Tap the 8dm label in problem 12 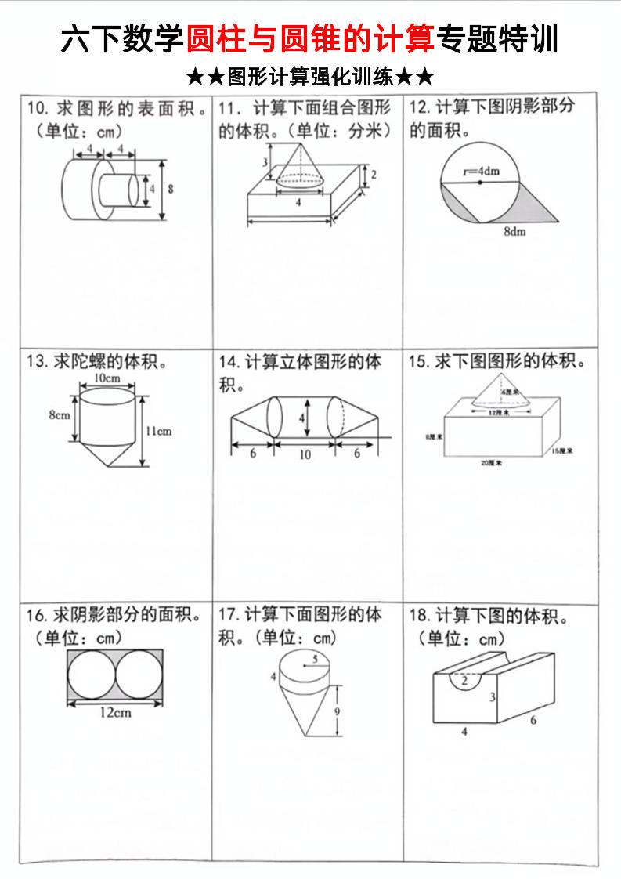(x=514, y=232)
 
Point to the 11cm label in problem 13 (x=158, y=431)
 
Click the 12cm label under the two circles (x=115, y=712)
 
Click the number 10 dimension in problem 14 (x=305, y=455)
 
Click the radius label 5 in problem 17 (x=315, y=660)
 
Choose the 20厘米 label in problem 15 (x=491, y=464)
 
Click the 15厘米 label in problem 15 (x=561, y=451)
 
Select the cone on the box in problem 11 (x=302, y=166)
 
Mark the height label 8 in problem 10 (x=170, y=189)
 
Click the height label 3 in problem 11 (x=265, y=162)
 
